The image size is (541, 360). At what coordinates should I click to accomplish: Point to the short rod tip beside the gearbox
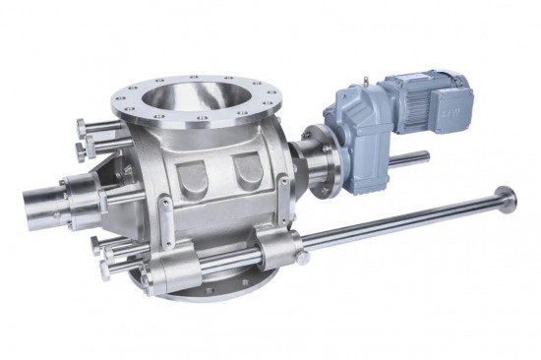tap(423, 155)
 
